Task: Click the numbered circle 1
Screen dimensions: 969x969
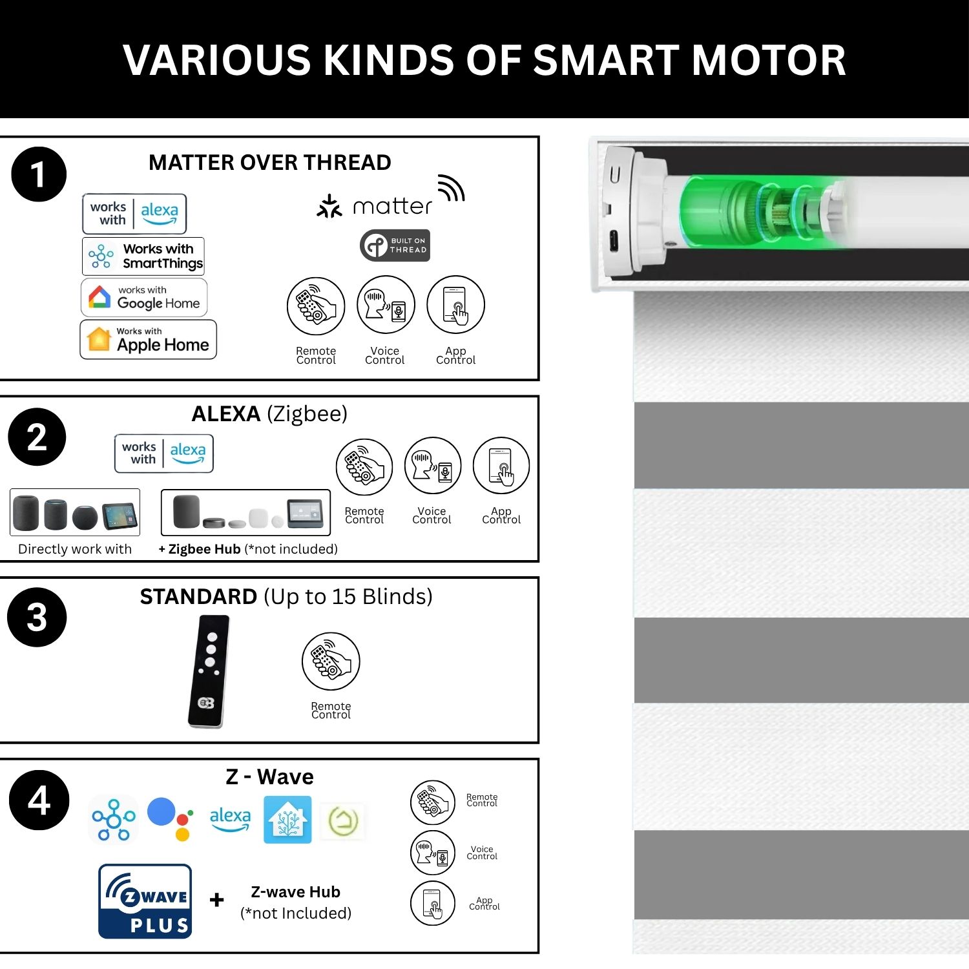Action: (39, 174)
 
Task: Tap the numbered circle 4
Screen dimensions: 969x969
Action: (39, 800)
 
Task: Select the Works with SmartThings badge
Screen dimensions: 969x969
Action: (143, 256)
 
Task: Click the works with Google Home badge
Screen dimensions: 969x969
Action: (144, 297)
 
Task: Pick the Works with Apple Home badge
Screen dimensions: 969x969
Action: (148, 339)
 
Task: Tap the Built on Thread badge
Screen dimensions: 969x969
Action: (395, 245)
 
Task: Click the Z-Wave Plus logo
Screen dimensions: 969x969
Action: (145, 901)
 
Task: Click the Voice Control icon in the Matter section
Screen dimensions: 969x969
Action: (386, 305)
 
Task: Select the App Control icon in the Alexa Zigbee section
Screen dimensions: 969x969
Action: (501, 466)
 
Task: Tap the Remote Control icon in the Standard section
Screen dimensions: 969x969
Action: (331, 661)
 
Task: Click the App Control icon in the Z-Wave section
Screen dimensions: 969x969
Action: (433, 903)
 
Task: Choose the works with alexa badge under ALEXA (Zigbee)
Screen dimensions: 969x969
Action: (164, 453)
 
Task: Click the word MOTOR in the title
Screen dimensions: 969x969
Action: (769, 60)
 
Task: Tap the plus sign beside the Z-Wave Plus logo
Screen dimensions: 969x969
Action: (217, 900)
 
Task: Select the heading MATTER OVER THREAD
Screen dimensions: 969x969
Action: (270, 162)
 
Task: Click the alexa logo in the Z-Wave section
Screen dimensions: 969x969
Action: (231, 819)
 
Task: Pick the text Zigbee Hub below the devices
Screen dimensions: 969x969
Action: (204, 549)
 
